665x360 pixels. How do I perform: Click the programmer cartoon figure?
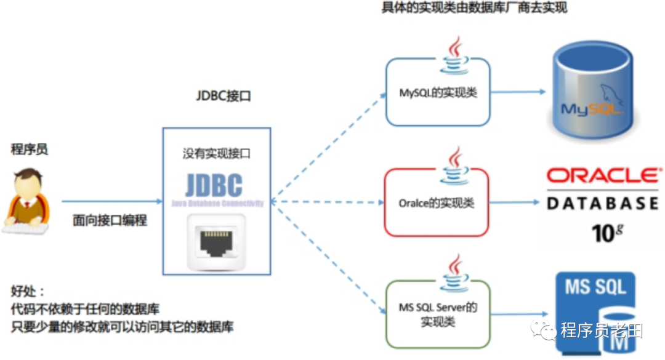(26, 199)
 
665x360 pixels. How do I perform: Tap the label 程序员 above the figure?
(30, 149)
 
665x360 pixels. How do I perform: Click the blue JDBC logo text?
(214, 186)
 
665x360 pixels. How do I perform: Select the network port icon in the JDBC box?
(216, 241)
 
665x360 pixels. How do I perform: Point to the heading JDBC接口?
(224, 97)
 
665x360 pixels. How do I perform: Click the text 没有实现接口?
(216, 154)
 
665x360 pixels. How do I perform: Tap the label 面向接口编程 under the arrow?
(110, 220)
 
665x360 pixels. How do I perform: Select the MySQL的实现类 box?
(438, 92)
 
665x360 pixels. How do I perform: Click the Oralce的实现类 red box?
(436, 202)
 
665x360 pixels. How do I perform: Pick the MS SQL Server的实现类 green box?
(437, 314)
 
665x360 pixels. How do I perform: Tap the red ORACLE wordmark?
(602, 177)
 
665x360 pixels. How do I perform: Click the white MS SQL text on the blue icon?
(595, 287)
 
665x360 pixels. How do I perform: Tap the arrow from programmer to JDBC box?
(111, 201)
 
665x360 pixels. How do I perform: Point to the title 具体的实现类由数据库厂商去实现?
(474, 8)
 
